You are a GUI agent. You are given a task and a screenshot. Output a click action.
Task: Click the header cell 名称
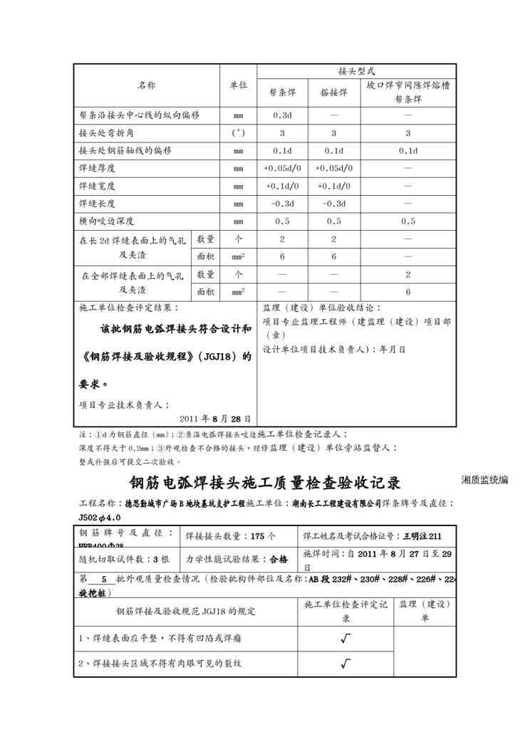tap(147, 85)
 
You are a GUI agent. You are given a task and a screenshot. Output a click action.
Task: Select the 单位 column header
tap(238, 85)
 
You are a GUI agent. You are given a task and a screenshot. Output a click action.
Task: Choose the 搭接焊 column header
tap(333, 93)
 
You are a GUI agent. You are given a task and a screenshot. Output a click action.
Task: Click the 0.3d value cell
tap(282, 115)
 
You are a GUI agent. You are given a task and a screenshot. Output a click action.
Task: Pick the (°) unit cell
tap(238, 133)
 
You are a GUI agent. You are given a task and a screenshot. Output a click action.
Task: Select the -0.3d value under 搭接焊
tap(333, 204)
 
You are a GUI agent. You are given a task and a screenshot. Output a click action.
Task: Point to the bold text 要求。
tap(94, 383)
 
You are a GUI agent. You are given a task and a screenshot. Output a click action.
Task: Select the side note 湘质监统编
tap(484, 481)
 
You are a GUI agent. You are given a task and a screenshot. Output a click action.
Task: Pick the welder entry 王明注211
tap(421, 535)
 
